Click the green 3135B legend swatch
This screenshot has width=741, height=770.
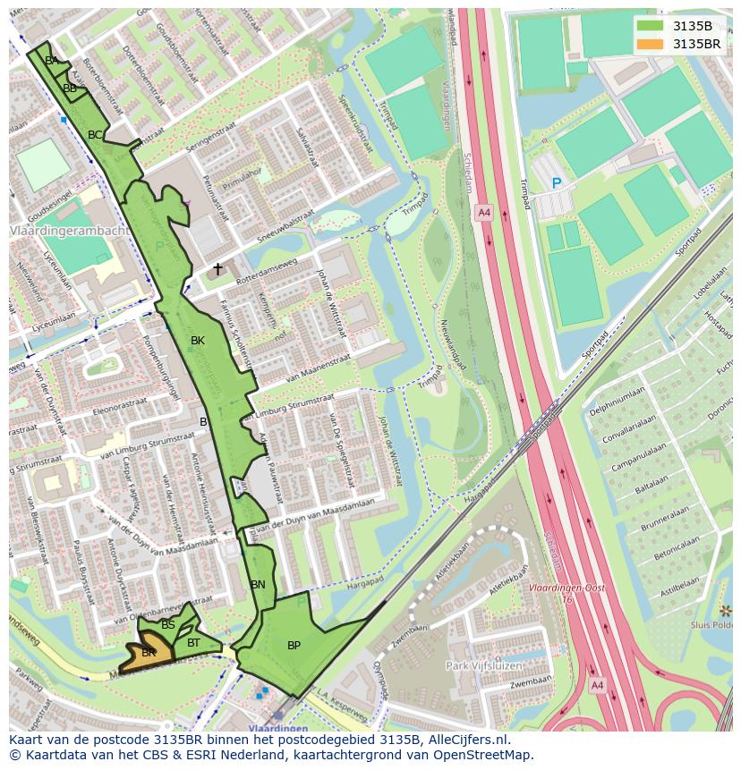pos(652,26)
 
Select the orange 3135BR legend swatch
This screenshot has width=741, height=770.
pos(652,44)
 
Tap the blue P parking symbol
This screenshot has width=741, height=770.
pos(556,183)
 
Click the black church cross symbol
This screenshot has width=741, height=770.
pos(217,268)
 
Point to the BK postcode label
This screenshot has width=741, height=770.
pos(198,341)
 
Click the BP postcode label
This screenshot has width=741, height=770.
pos(294,646)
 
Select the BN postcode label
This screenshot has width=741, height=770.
pos(258,585)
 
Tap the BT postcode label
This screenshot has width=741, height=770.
pos(193,642)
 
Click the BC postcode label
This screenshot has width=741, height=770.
pos(94,135)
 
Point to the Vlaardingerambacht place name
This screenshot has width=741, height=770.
pos(70,231)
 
